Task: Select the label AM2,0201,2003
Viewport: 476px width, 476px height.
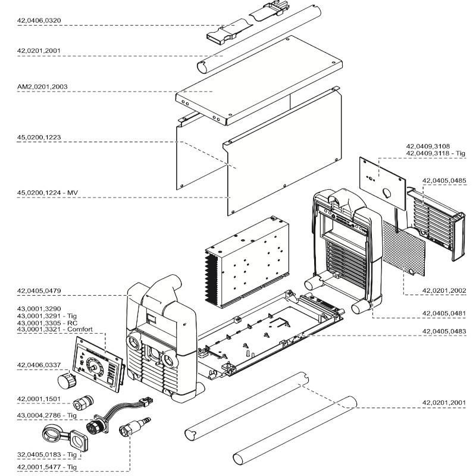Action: [x=42, y=87]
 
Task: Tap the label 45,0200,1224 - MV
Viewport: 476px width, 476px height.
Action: [x=48, y=193]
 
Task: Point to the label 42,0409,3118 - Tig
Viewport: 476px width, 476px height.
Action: [x=436, y=154]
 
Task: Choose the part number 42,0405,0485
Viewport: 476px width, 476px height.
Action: [x=444, y=180]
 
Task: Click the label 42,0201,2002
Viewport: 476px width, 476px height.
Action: [x=444, y=290]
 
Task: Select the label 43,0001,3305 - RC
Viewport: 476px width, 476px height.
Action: [x=43, y=322]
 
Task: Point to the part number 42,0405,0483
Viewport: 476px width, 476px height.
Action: [x=444, y=331]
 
